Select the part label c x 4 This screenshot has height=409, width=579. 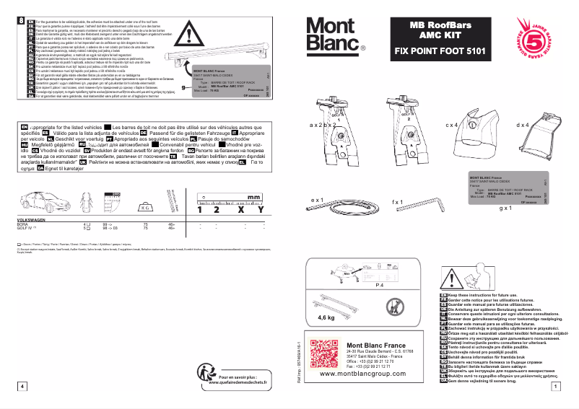point(453,125)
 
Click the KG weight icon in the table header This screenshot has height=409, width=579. point(145,206)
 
